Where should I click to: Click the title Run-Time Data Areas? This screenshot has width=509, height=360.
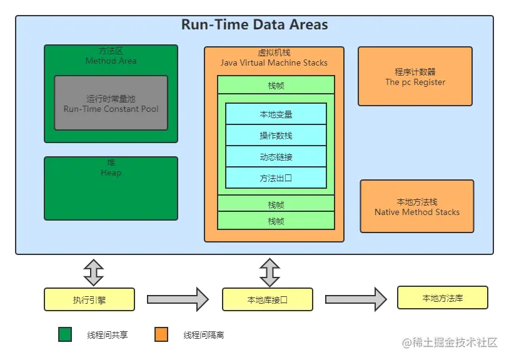click(x=254, y=24)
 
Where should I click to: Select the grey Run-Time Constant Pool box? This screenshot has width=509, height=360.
click(x=111, y=102)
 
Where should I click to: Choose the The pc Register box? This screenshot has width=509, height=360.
click(x=415, y=76)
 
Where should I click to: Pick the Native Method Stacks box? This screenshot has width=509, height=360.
click(x=417, y=206)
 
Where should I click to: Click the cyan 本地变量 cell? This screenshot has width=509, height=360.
click(x=276, y=114)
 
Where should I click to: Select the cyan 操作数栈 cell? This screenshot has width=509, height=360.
click(x=276, y=135)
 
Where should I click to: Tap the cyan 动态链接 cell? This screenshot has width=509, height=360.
click(x=276, y=157)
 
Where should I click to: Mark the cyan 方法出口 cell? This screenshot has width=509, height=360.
click(x=276, y=177)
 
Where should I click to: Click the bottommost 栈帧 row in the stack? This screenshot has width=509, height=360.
click(x=276, y=221)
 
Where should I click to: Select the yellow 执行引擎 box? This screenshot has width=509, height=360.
click(x=89, y=299)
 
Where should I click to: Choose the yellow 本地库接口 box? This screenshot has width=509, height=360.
click(x=268, y=299)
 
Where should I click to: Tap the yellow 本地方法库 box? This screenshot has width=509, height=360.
click(x=443, y=297)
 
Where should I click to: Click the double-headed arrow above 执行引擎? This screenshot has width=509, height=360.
click(x=94, y=272)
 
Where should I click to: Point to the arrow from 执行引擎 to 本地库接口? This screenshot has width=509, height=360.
click(x=178, y=299)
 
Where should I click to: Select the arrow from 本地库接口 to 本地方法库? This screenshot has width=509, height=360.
click(x=356, y=299)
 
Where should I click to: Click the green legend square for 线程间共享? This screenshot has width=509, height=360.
click(x=65, y=334)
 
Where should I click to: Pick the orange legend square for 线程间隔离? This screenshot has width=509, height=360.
click(x=161, y=334)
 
